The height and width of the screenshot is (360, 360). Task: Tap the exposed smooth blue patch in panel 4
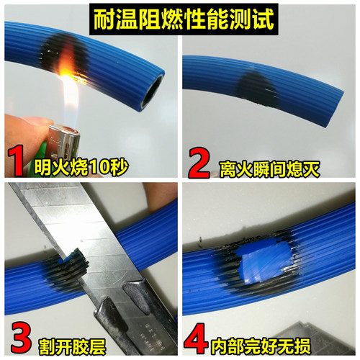coord(262,259)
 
